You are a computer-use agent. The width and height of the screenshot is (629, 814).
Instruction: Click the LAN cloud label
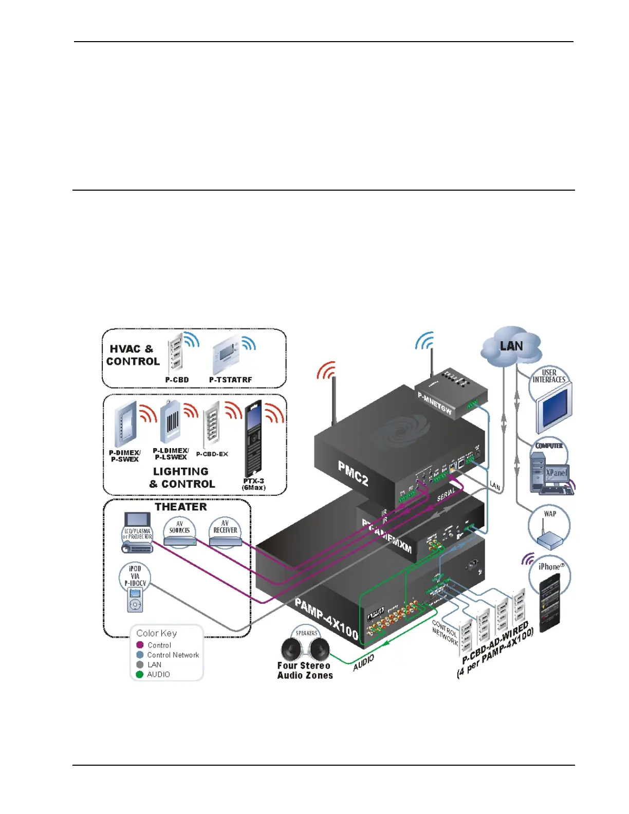[511, 346]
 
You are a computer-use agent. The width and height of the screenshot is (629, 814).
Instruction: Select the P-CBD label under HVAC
[177, 380]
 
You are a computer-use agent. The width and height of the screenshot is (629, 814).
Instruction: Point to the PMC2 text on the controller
[353, 473]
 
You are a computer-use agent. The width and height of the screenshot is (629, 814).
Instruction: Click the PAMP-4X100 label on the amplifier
[326, 618]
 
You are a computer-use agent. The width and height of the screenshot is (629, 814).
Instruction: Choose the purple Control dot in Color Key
[140, 645]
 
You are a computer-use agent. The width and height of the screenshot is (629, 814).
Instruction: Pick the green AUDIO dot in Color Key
[140, 674]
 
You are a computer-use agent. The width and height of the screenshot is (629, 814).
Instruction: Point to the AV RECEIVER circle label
[225, 527]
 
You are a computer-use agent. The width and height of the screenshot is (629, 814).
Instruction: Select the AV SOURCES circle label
[179, 527]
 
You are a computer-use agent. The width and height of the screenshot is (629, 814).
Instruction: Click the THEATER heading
[181, 507]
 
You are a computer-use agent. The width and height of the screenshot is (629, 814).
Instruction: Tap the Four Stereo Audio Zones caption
[305, 670]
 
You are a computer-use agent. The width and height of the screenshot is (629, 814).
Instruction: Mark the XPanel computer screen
[556, 473]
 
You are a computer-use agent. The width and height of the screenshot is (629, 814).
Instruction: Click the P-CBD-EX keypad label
[212, 454]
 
